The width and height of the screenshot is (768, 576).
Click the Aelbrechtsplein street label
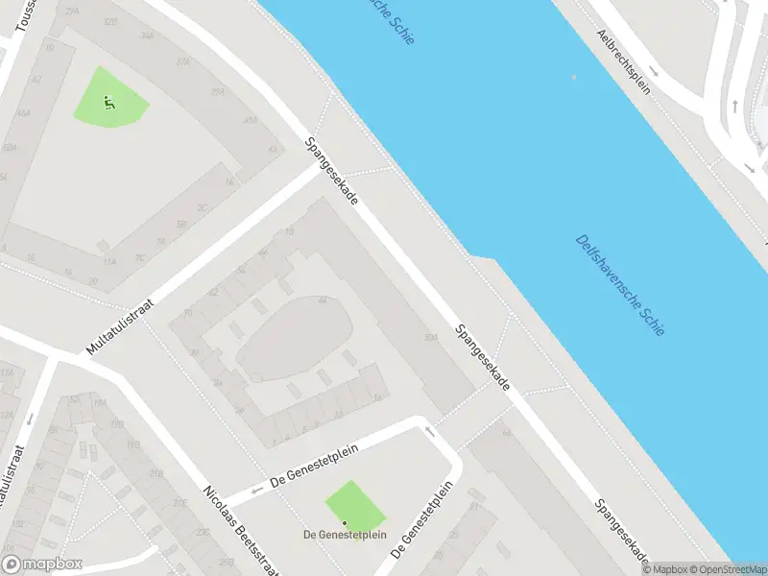pyautogui.click(x=624, y=62)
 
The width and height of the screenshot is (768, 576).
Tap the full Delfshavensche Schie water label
pyautogui.click(x=620, y=284)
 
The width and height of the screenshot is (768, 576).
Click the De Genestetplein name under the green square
pyautogui.click(x=345, y=535)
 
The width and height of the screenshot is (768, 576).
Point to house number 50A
pyautogui.click(x=431, y=337)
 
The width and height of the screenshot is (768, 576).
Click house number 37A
pyautogui.click(x=182, y=60)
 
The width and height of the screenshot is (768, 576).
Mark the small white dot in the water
pyautogui.click(x=574, y=77)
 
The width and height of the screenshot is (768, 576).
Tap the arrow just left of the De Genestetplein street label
pyautogui.click(x=258, y=492)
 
